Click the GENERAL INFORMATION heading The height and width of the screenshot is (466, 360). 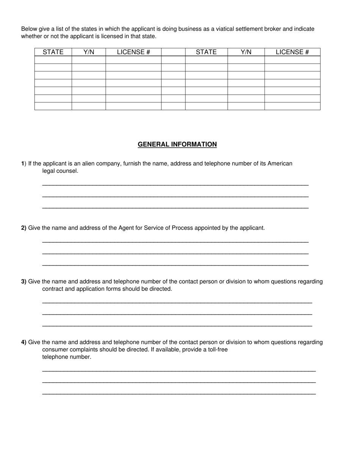(x=177, y=144)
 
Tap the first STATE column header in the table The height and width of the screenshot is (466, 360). (x=53, y=52)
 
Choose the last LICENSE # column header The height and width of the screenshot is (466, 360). (x=292, y=52)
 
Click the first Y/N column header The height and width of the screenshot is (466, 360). (x=89, y=52)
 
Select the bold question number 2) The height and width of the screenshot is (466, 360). (x=23, y=228)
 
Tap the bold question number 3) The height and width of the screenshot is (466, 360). (x=23, y=281)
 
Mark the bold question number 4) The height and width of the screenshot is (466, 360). (x=23, y=342)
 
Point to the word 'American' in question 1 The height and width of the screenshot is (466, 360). (x=280, y=164)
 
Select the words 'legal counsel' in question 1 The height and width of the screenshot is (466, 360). (x=60, y=171)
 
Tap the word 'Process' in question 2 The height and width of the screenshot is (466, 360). (x=182, y=228)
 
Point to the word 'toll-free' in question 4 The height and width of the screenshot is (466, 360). (x=218, y=349)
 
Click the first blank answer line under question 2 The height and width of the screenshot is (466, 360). (x=175, y=242)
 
